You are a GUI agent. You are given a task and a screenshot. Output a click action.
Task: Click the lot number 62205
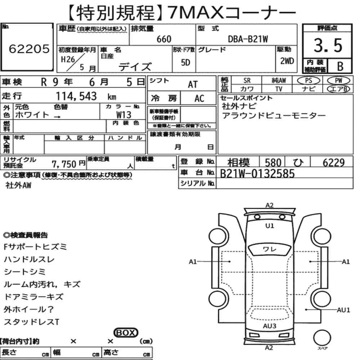[x=29, y=49]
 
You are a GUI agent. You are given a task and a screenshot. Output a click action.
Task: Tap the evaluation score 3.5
[x=328, y=45]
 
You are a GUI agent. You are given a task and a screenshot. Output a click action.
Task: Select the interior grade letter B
[x=340, y=66]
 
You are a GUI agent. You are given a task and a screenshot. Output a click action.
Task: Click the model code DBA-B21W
[x=248, y=39]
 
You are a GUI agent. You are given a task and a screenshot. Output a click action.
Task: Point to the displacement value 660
[x=164, y=39]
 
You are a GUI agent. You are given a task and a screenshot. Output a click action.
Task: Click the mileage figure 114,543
[x=76, y=96]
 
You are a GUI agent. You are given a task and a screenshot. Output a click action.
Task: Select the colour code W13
[x=124, y=115]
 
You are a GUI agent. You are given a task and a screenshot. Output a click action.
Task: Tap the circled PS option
[x=309, y=81]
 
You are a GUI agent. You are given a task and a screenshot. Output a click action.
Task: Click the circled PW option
[x=338, y=81]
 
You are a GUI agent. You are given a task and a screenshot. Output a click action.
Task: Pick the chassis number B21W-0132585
[x=257, y=174]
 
